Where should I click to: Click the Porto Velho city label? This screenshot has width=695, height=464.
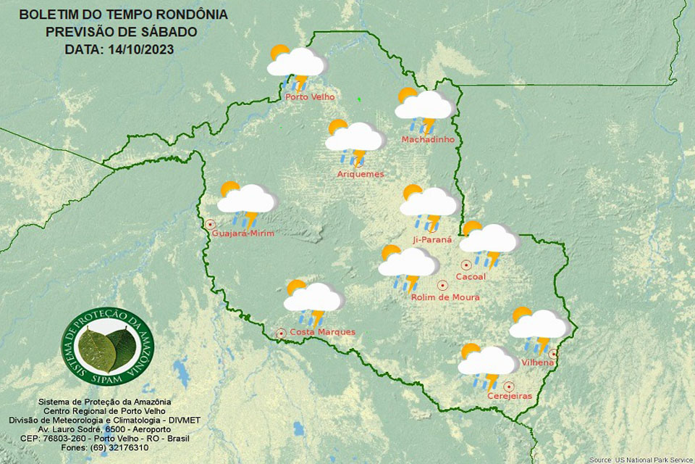tap(309, 97)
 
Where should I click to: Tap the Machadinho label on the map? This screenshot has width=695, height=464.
tap(428, 138)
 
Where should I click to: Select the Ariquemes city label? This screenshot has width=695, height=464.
tap(361, 174)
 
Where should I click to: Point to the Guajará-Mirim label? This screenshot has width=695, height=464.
tap(243, 232)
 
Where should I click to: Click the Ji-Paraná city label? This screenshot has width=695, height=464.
tap(431, 239)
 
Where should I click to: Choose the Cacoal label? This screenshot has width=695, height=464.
tap(471, 277)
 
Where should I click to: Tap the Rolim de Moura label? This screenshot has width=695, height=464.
tap(445, 297)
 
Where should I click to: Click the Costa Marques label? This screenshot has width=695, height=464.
tap(323, 332)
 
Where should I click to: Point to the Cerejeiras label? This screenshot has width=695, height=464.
tap(510, 396)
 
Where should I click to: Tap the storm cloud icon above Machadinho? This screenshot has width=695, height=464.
tap(424, 109)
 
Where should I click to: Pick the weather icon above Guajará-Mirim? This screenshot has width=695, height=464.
tap(246, 202)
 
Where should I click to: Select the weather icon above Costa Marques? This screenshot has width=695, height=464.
tap(313, 300)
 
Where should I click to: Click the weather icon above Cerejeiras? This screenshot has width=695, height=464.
tap(487, 365)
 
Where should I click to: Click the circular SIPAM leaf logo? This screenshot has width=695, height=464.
tap(107, 347)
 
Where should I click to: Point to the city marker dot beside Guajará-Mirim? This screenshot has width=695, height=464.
tap(211, 224)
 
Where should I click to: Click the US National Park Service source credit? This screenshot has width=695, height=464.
tap(641, 460)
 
